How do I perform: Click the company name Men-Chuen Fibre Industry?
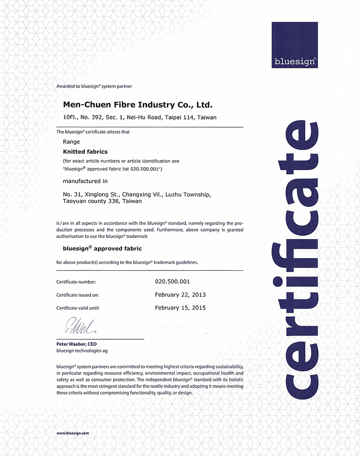(138, 105)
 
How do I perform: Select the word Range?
(72, 142)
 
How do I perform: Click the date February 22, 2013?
(180, 295)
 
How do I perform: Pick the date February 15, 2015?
(180, 308)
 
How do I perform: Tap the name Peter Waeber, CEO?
(77, 344)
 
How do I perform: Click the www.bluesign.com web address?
(73, 433)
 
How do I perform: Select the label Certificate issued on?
(77, 295)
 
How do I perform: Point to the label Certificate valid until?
(78, 308)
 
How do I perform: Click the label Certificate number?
(76, 282)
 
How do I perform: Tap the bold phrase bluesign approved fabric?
(102, 249)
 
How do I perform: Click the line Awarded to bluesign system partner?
(94, 86)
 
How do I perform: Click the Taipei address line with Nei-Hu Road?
(139, 118)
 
